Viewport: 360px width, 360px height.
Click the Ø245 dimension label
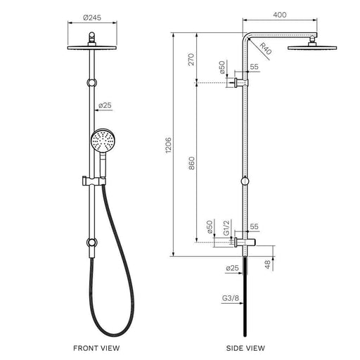[92, 18]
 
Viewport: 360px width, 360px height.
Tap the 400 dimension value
[280, 15]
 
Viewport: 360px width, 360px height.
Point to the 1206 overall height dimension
[168, 146]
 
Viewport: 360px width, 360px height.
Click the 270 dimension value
[191, 60]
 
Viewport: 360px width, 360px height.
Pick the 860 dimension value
[191, 163]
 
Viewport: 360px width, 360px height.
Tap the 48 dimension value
[267, 264]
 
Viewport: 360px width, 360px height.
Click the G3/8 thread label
[231, 298]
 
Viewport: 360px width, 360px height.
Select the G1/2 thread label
[226, 227]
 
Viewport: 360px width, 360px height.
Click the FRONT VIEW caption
[96, 348]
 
